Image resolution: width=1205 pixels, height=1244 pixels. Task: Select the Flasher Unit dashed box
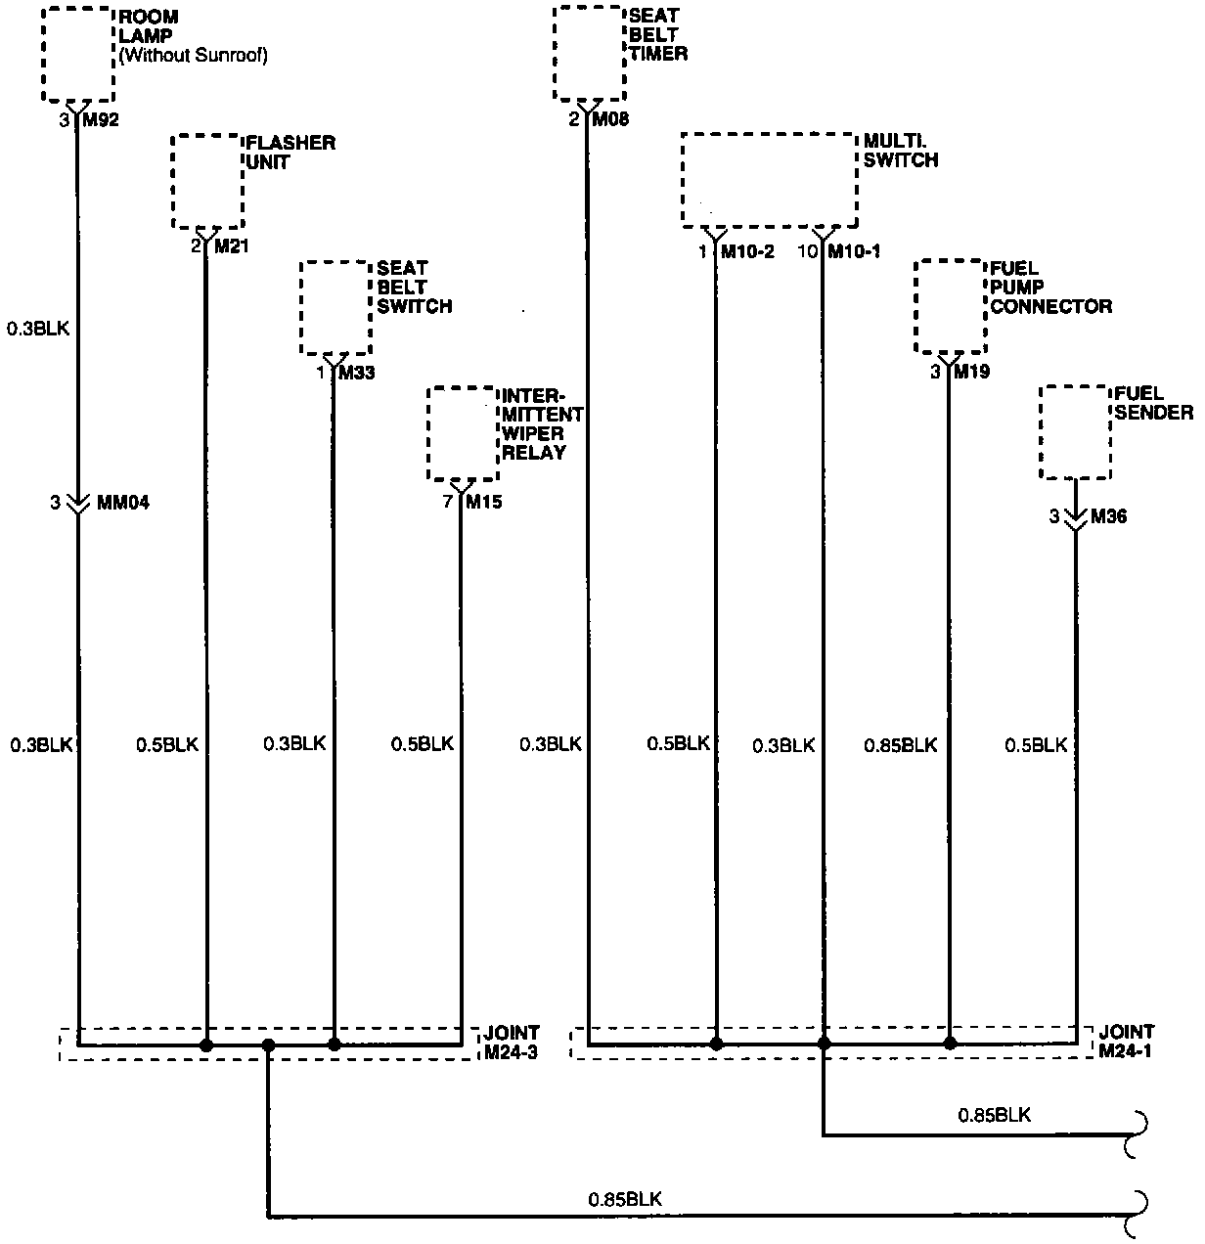click(x=206, y=182)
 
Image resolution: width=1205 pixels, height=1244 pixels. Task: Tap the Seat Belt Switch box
click(x=335, y=308)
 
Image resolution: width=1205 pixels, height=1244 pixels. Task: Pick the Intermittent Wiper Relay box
click(x=463, y=434)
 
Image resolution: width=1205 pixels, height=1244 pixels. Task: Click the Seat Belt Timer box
click(x=589, y=53)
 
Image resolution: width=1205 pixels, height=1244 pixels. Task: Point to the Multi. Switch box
click(x=769, y=181)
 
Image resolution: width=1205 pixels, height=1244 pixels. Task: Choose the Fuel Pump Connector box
click(x=950, y=307)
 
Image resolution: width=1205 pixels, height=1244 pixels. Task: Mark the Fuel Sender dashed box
click(x=1075, y=432)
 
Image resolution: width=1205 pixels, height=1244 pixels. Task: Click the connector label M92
click(x=102, y=120)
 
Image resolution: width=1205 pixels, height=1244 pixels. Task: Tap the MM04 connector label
click(x=123, y=503)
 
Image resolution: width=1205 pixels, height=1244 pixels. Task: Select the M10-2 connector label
click(x=747, y=251)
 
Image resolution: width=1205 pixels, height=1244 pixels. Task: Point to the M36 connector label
click(x=1108, y=516)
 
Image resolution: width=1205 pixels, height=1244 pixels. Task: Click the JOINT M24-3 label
click(x=510, y=1043)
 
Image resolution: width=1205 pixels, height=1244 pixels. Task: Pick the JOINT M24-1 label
click(x=1126, y=1041)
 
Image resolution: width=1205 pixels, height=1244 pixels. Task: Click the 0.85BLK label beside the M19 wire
click(x=900, y=745)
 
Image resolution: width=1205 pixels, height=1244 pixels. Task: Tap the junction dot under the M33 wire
click(x=335, y=1044)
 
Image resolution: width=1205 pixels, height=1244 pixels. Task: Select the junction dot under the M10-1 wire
click(x=824, y=1044)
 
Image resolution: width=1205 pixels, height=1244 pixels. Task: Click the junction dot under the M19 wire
click(x=949, y=1044)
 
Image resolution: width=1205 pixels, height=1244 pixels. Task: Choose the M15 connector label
click(x=483, y=503)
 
